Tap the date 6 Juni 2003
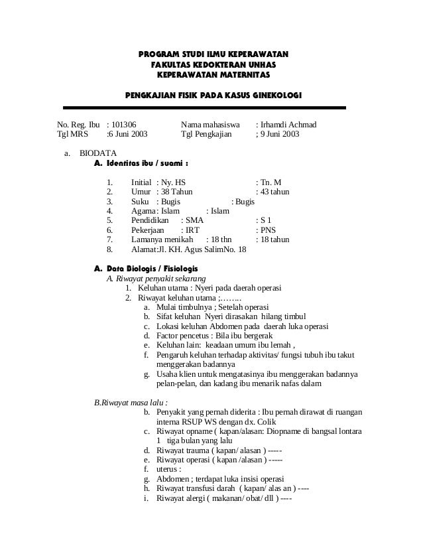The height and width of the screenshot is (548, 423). [x=129, y=135]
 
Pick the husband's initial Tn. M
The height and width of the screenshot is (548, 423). [x=271, y=182]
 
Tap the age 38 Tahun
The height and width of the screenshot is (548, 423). [x=176, y=192]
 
